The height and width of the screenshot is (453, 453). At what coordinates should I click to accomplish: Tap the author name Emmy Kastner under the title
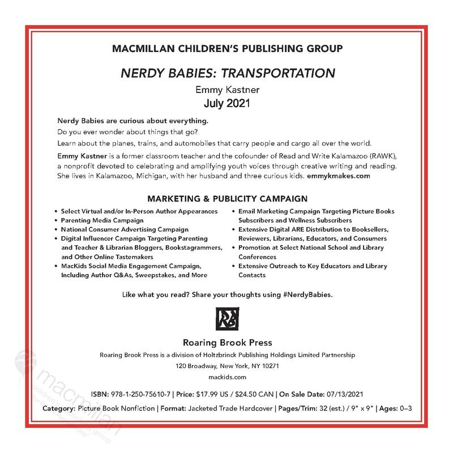point(226,91)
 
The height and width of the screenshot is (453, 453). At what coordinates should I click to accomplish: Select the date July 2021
point(226,104)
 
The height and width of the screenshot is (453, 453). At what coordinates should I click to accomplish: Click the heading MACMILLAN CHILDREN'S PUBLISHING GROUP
point(226,49)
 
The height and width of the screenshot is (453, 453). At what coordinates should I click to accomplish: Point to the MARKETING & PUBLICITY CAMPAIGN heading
point(226,199)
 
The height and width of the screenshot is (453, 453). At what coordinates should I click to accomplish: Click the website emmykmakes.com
point(338,176)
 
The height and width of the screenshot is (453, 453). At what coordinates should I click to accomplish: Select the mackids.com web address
point(226,377)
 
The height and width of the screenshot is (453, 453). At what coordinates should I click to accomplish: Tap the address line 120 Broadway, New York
point(226,366)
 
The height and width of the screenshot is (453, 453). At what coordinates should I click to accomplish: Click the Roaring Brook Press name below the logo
point(226,343)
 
